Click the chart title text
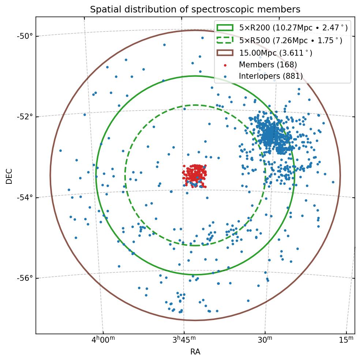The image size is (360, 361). point(195,10)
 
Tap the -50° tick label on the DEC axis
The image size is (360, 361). point(25,36)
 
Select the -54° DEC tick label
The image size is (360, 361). point(25,197)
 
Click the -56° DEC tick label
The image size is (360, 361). point(25,278)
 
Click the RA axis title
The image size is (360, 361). point(195,352)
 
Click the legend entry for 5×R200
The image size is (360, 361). point(293,27)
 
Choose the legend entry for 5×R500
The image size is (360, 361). point(290,40)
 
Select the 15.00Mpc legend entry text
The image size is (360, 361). point(275,53)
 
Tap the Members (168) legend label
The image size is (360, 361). point(268,65)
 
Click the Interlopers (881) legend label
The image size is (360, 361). point(271,76)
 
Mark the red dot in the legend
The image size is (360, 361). point(225,65)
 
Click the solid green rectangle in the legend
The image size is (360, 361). point(225,27)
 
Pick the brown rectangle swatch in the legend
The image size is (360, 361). point(225,53)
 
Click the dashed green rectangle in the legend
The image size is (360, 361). point(225,40)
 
